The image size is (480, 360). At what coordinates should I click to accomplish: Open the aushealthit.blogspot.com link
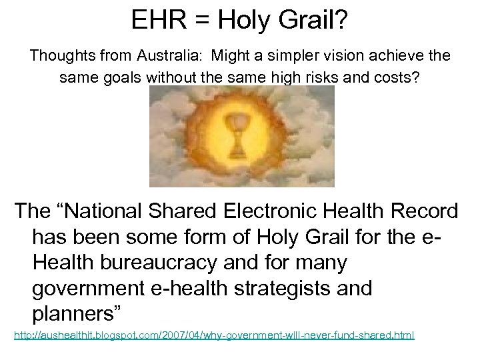point(214,335)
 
